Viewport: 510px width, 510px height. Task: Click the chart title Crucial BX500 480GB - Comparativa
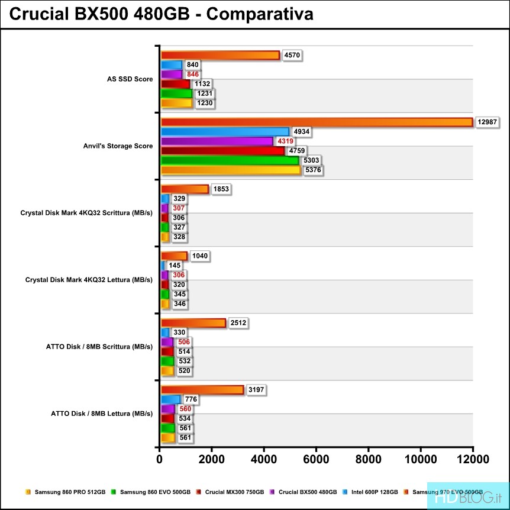pyautogui.click(x=161, y=14)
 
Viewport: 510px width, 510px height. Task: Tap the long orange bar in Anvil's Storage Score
pyautogui.click(x=317, y=122)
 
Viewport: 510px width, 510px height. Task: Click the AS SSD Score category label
pyautogui.click(x=130, y=79)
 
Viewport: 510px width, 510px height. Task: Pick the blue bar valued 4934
pyautogui.click(x=225, y=131)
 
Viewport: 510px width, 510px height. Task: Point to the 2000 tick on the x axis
pyautogui.click(x=212, y=460)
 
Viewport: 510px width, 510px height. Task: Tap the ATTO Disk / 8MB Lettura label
pyautogui.click(x=105, y=413)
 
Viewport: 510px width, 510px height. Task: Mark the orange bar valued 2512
pyautogui.click(x=193, y=322)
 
